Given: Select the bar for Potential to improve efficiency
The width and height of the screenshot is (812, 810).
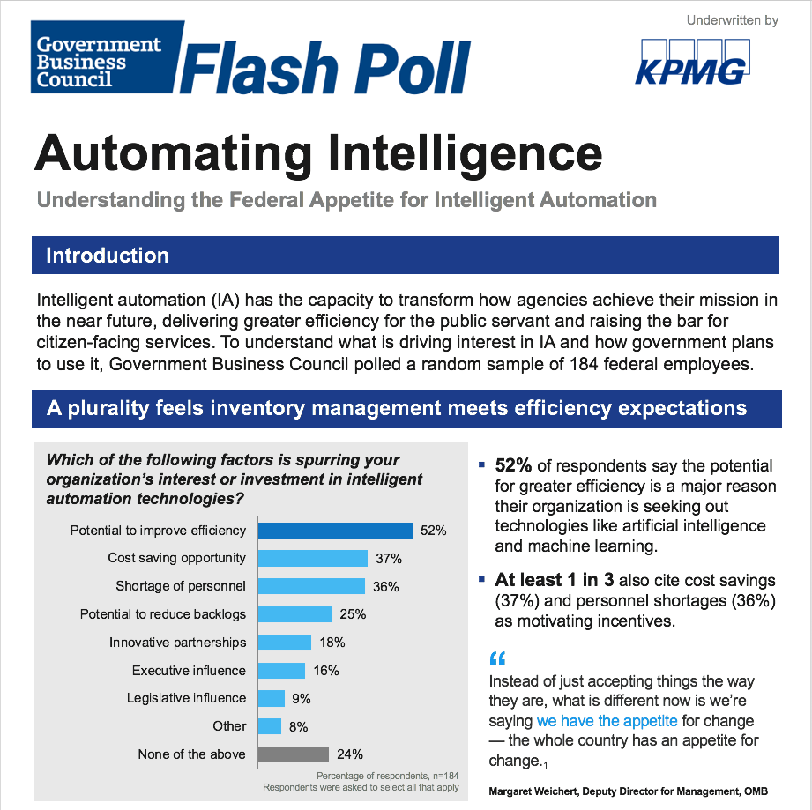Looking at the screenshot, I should click(335, 531).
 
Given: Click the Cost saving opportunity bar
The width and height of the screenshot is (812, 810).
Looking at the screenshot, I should click(312, 558).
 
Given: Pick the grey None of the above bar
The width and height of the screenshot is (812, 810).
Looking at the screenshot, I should click(293, 754).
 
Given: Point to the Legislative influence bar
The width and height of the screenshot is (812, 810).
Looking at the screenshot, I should click(272, 698).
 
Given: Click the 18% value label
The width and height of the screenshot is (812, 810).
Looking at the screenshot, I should click(332, 643).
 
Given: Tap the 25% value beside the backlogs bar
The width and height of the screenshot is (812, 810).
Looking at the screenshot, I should click(353, 614).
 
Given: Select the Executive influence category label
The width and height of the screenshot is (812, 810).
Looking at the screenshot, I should click(189, 671).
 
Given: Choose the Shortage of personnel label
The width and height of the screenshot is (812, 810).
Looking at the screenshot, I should click(181, 586).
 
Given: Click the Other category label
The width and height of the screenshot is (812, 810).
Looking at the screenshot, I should click(229, 726).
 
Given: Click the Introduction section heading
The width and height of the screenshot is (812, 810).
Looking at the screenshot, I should click(108, 256).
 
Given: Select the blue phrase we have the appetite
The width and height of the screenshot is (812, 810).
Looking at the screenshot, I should click(607, 721).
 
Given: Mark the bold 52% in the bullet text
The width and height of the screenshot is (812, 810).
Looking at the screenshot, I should click(513, 465).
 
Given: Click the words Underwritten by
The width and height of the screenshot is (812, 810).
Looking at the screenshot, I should click(732, 19).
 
